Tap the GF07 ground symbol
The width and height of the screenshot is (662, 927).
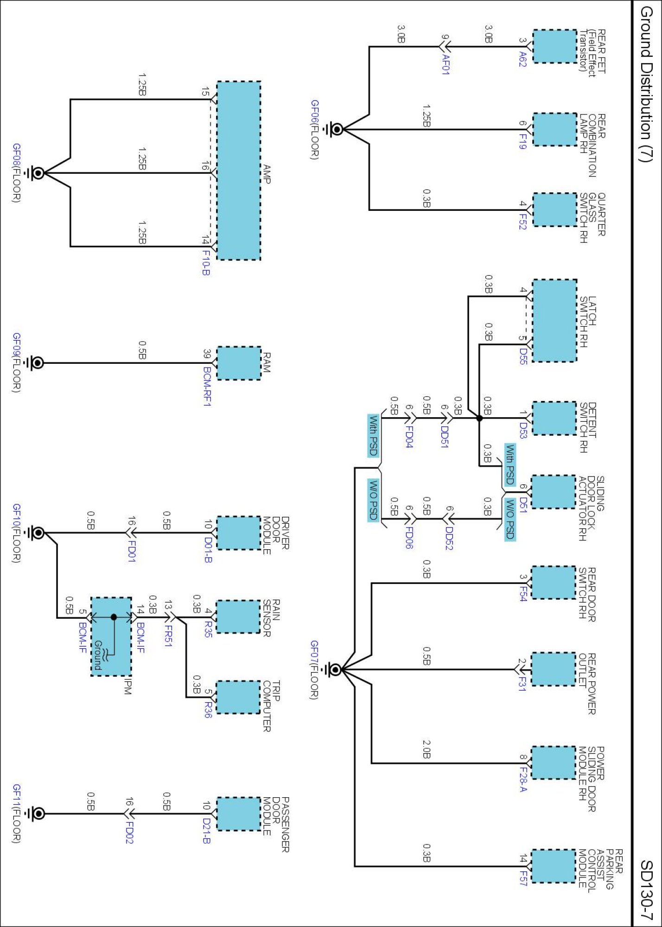(x=334, y=669)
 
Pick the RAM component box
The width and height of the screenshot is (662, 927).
(x=239, y=363)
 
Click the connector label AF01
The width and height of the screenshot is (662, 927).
(x=446, y=64)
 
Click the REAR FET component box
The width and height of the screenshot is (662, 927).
(x=554, y=46)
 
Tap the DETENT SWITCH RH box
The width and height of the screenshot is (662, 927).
(x=554, y=418)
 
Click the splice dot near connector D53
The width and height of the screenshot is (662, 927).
(x=479, y=418)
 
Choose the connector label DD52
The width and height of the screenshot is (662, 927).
(x=449, y=538)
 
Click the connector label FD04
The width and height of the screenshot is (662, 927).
(x=409, y=436)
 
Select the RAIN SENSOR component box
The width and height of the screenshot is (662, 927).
(x=238, y=616)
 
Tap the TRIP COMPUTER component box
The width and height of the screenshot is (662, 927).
(x=238, y=697)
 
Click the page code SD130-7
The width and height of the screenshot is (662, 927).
(x=646, y=890)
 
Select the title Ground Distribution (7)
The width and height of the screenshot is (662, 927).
(x=646, y=83)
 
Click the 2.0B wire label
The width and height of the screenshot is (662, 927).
(x=426, y=749)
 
